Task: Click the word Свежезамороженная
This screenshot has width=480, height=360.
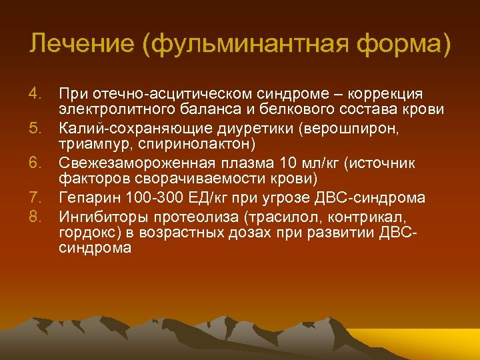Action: pyautogui.click(x=135, y=162)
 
